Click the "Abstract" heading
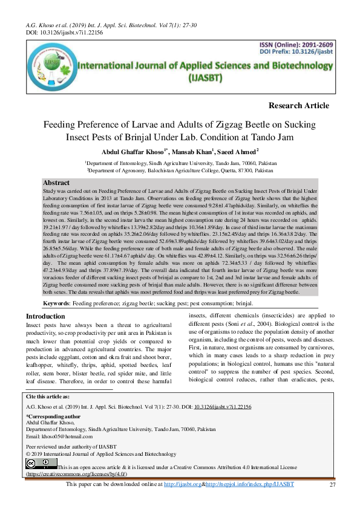click(x=57, y=183)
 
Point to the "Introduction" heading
click(x=45, y=316)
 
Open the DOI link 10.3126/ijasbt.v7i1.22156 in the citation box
click(x=223, y=407)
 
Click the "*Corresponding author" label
click(x=53, y=417)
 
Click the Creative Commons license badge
click(x=41, y=464)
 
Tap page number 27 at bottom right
click(x=332, y=485)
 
